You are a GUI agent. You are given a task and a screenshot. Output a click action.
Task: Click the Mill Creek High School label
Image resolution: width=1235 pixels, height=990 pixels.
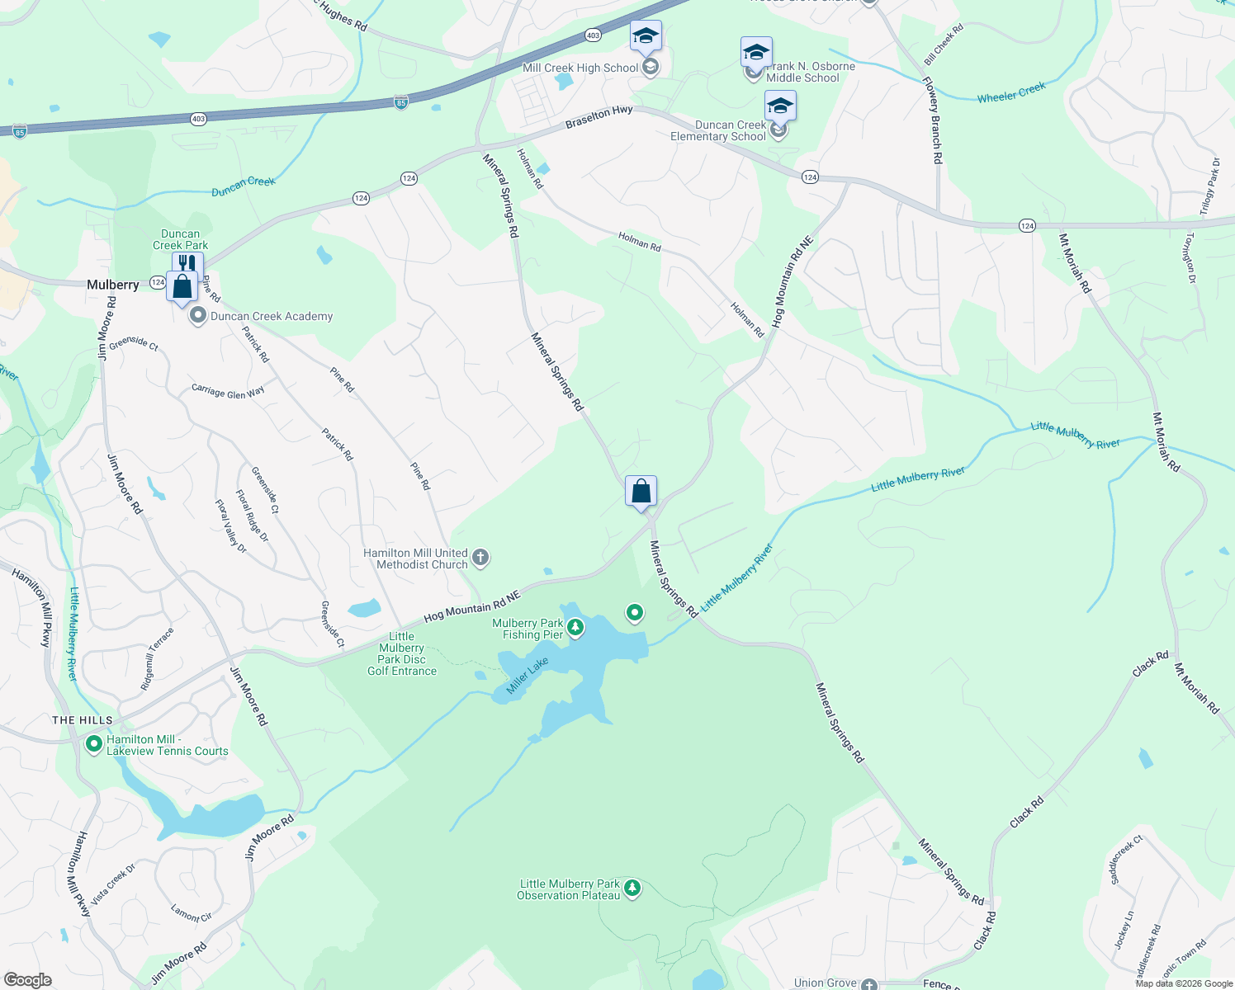pyautogui.click(x=580, y=68)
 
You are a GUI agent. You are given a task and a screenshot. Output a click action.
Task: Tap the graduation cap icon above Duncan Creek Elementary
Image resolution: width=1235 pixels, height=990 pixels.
pyautogui.click(x=780, y=106)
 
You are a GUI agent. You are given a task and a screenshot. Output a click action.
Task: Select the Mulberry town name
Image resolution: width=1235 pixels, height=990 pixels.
pyautogui.click(x=113, y=285)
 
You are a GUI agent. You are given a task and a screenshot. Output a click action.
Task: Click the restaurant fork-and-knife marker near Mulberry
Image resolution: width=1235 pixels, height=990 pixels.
pyautogui.click(x=187, y=264)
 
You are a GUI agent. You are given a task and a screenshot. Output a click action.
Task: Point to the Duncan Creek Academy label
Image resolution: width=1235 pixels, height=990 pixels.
pyautogui.click(x=272, y=316)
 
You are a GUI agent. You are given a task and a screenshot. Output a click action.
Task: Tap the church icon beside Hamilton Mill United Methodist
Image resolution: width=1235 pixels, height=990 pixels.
pyautogui.click(x=480, y=559)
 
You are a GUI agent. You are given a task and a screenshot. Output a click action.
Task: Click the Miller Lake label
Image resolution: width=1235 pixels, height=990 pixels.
pyautogui.click(x=528, y=676)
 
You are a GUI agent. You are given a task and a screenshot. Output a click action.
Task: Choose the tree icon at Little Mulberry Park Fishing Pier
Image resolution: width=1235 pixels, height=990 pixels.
pyautogui.click(x=575, y=629)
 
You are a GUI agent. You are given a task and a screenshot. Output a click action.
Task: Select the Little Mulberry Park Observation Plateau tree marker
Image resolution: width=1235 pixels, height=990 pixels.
pyautogui.click(x=632, y=889)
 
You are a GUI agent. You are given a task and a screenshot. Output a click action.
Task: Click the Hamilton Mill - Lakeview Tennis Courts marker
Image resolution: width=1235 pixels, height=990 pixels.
pyautogui.click(x=94, y=745)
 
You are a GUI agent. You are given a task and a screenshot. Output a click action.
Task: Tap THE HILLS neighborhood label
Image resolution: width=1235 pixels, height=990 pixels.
pyautogui.click(x=83, y=720)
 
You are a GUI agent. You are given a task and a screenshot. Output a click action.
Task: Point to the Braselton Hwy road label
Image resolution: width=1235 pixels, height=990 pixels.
pyautogui.click(x=599, y=117)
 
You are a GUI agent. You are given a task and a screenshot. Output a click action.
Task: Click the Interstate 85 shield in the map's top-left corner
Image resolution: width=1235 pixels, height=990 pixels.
pyautogui.click(x=19, y=132)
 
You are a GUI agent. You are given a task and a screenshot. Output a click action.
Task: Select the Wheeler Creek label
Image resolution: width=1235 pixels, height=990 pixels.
pyautogui.click(x=1011, y=92)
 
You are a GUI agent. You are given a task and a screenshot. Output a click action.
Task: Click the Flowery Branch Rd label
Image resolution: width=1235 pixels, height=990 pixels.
pyautogui.click(x=932, y=120)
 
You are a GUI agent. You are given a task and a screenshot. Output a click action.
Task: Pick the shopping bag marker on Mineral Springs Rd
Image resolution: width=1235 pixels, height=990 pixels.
pyautogui.click(x=641, y=492)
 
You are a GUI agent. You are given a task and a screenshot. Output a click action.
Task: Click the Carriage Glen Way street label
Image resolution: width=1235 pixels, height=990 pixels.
pyautogui.click(x=228, y=392)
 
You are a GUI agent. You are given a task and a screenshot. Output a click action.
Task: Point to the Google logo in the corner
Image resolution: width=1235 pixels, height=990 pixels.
pyautogui.click(x=28, y=980)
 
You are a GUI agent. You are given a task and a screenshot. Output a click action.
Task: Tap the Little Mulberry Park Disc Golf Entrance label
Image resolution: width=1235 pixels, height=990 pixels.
pyautogui.click(x=402, y=653)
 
